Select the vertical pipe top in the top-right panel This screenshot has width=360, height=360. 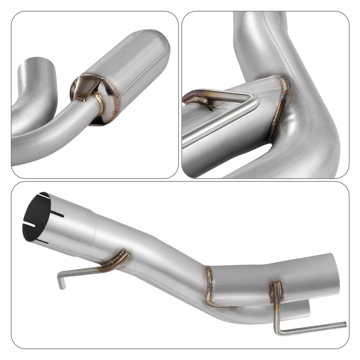click(259, 22)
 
